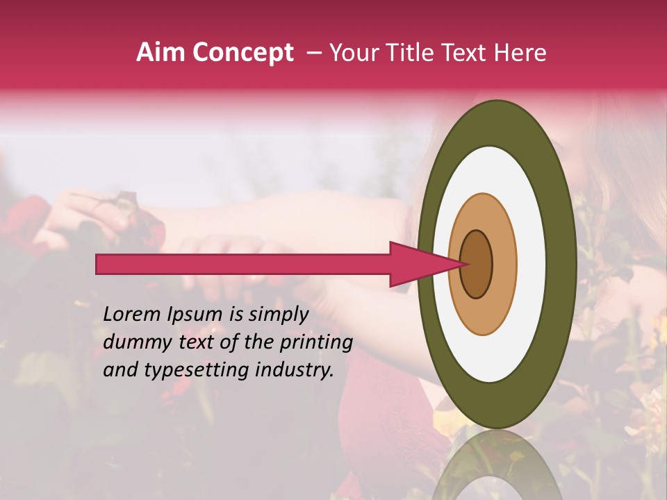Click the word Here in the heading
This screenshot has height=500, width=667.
tap(520, 53)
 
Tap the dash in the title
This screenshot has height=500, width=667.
tap(314, 53)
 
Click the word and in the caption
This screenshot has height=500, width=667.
tap(119, 371)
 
